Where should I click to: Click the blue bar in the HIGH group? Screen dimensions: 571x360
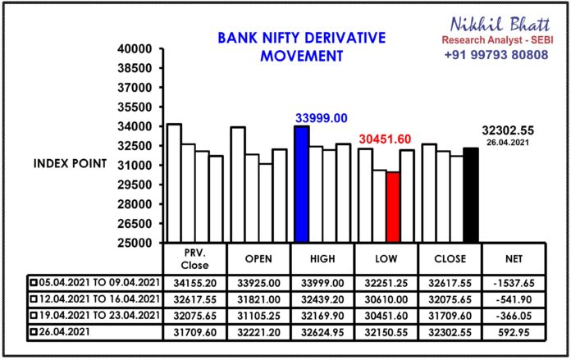point(302,185)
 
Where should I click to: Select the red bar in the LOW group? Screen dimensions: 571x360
point(393,207)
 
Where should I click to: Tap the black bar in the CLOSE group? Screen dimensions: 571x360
point(471,195)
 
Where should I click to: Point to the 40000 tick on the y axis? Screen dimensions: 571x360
point(135,48)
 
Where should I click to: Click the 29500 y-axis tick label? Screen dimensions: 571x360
point(135,185)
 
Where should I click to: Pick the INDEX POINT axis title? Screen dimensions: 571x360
point(70,163)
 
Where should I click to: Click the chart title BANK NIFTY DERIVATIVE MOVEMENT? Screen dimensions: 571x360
point(302,47)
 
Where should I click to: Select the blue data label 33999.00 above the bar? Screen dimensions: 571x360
point(322,118)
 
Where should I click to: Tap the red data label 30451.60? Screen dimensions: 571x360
point(385,139)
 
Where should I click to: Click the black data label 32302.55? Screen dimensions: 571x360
point(508,130)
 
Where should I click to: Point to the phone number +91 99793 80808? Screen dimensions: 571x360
point(496,55)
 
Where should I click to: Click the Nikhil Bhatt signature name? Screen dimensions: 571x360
point(500,25)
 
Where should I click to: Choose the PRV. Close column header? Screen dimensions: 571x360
point(194,259)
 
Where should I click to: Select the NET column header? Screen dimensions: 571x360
point(514,259)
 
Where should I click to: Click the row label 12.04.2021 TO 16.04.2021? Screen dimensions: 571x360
point(99,299)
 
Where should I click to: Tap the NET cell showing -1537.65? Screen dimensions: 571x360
point(514,283)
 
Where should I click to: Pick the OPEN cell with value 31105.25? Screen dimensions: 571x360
point(258,316)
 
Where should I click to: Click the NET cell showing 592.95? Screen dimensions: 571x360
point(514,332)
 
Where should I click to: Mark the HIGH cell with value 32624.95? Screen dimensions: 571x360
point(322,332)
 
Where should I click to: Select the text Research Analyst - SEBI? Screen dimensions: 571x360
point(497,40)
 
